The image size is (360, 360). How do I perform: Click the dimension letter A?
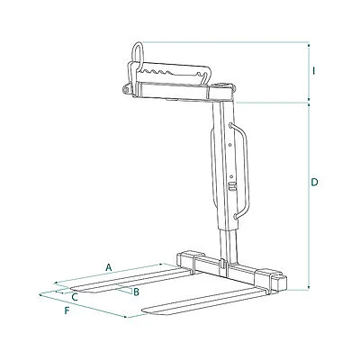[109, 267]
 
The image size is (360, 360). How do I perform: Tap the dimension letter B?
[136, 292]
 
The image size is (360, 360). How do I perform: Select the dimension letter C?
[75, 297]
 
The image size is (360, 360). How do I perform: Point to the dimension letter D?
[314, 183]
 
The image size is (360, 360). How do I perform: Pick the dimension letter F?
[67, 310]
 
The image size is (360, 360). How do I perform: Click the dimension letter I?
[314, 71]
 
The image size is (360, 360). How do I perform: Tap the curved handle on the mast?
[241, 170]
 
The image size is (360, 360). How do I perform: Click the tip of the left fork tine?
[71, 290]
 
